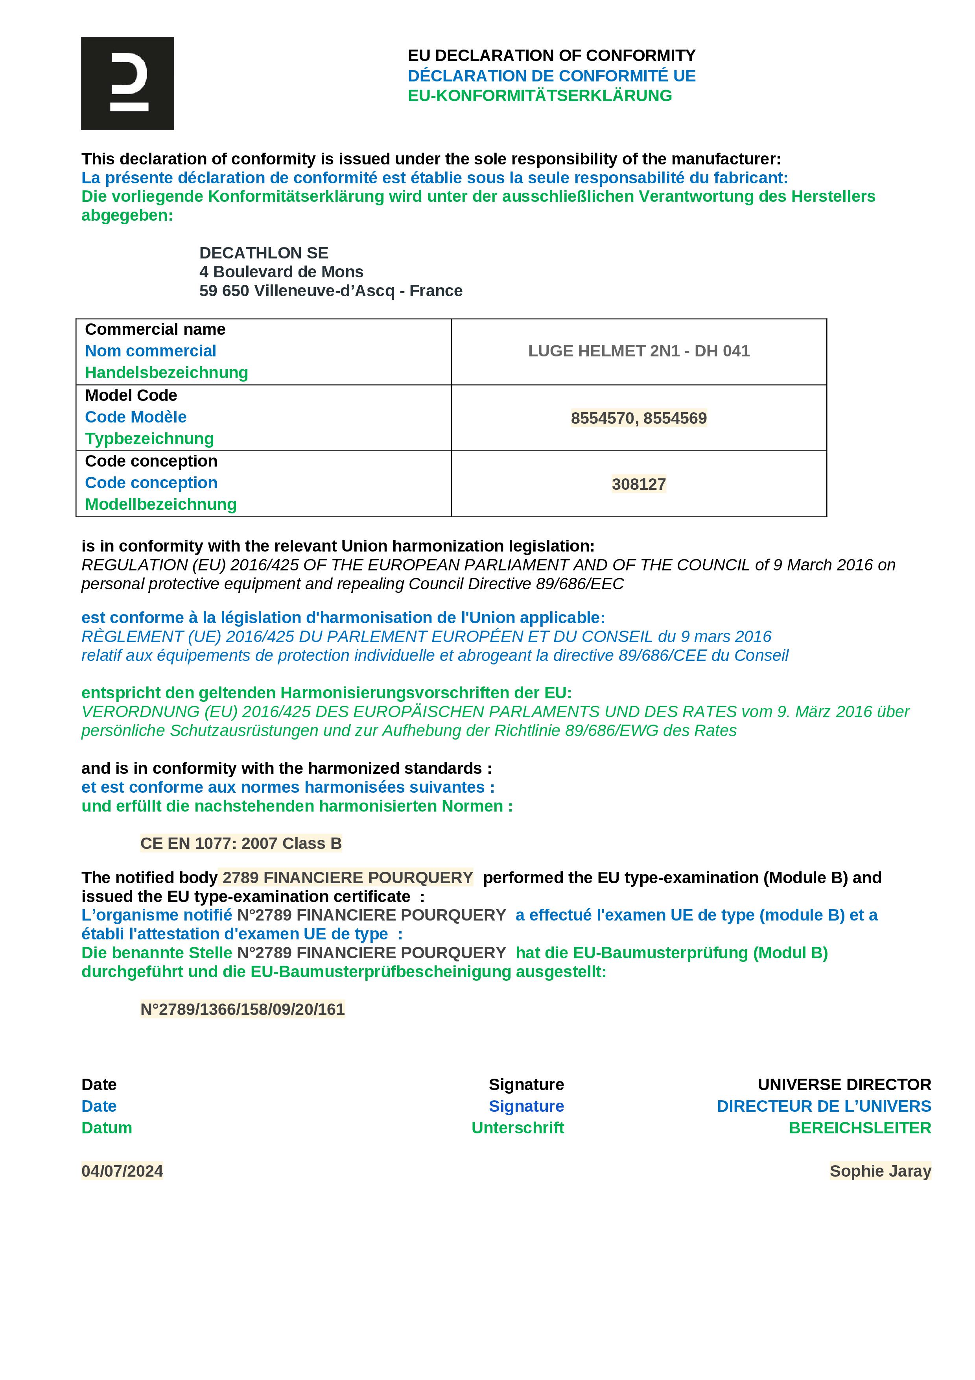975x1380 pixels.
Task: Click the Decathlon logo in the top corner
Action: pyautogui.click(x=127, y=83)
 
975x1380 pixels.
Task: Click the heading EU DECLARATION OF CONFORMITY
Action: pyautogui.click(x=551, y=55)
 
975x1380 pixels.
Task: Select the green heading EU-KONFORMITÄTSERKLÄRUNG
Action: pyautogui.click(x=540, y=96)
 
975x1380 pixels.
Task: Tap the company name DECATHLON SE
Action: pyautogui.click(x=264, y=253)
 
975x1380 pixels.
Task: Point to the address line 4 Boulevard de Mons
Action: pyautogui.click(x=281, y=272)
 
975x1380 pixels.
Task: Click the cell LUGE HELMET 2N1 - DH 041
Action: pyautogui.click(x=639, y=351)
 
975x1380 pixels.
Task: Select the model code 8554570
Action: pyautogui.click(x=601, y=418)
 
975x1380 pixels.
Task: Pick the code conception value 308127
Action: pyautogui.click(x=639, y=484)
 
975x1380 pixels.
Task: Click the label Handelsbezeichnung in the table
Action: pyautogui.click(x=166, y=373)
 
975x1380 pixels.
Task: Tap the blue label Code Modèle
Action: pyautogui.click(x=136, y=417)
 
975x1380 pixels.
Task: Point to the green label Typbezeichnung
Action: pyautogui.click(x=149, y=439)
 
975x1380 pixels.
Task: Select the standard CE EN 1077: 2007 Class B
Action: pyautogui.click(x=241, y=843)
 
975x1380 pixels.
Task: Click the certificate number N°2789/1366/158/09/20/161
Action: pyautogui.click(x=243, y=1009)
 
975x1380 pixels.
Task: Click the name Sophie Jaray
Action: pyautogui.click(x=880, y=1171)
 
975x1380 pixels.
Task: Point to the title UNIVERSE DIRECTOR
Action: pyautogui.click(x=844, y=1084)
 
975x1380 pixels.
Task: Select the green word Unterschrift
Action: pyautogui.click(x=518, y=1127)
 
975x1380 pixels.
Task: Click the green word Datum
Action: pyautogui.click(x=107, y=1127)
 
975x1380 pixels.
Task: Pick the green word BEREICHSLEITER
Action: pyautogui.click(x=860, y=1127)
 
